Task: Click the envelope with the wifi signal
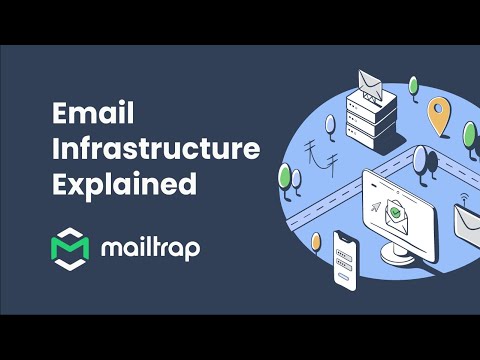[x=468, y=222]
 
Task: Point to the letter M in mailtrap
[x=113, y=249]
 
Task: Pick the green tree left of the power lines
[x=286, y=178]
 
